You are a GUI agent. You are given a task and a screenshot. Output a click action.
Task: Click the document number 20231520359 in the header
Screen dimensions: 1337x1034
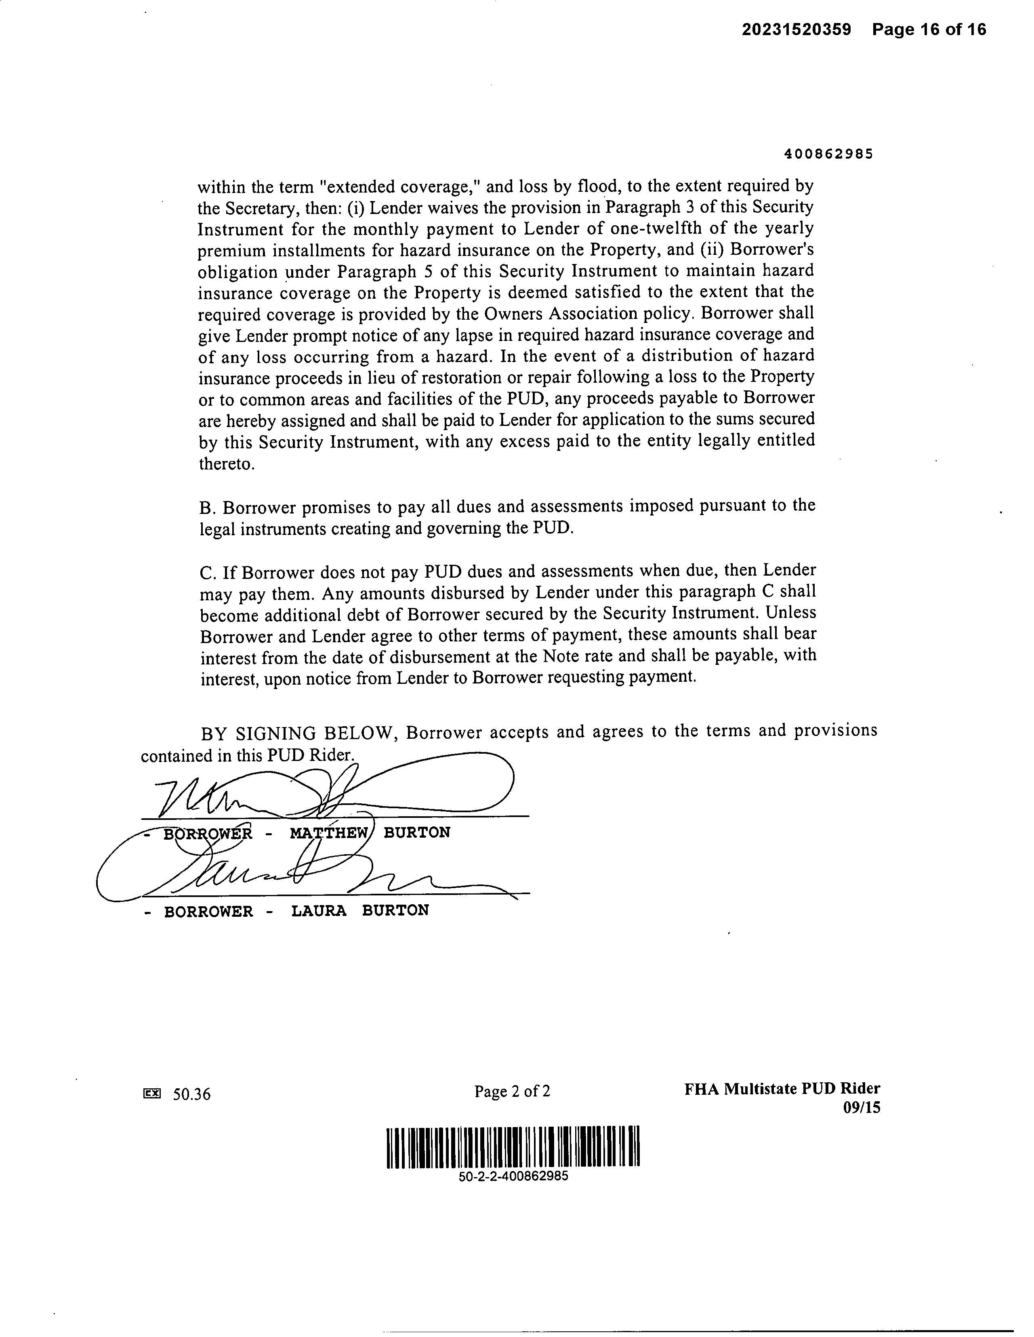point(797,29)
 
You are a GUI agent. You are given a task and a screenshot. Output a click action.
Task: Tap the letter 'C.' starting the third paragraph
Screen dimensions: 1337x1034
point(208,573)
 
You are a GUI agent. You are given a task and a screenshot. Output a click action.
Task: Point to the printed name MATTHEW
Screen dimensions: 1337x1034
point(329,832)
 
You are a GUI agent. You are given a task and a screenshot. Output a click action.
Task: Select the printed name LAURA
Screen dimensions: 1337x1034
point(319,911)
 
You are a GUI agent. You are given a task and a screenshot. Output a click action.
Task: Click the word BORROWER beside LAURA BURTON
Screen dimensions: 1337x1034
point(208,912)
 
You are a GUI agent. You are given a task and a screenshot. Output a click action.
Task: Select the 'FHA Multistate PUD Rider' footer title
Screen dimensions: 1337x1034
point(782,1088)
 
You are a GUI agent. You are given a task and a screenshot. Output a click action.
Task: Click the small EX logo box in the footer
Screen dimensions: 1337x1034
point(151,1093)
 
